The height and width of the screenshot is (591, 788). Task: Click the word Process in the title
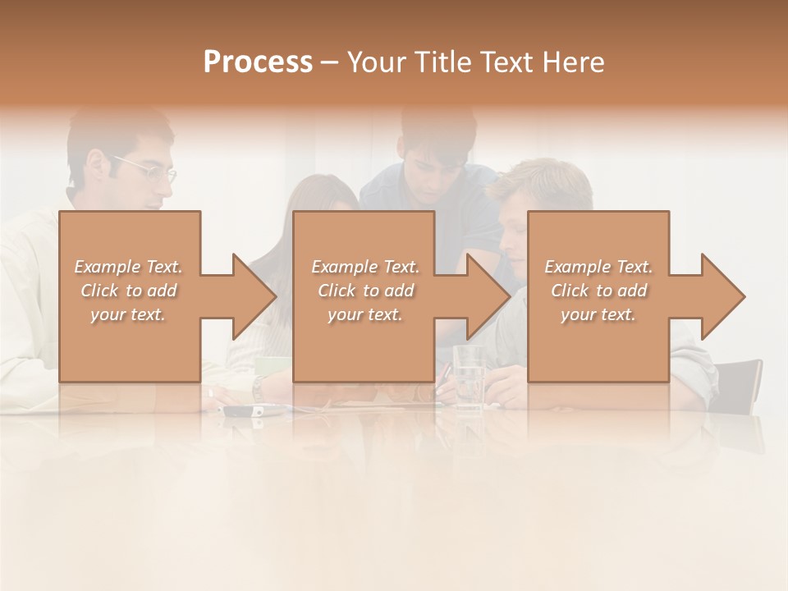tap(258, 62)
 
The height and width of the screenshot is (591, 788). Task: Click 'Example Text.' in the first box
tap(129, 267)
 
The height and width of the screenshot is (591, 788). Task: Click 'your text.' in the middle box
tap(365, 314)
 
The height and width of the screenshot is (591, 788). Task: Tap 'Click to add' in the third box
tap(598, 291)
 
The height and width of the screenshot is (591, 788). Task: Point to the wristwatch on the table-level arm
tap(258, 388)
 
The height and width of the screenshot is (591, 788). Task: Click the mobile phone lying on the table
tap(242, 410)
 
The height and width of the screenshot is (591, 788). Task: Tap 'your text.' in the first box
tap(129, 314)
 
